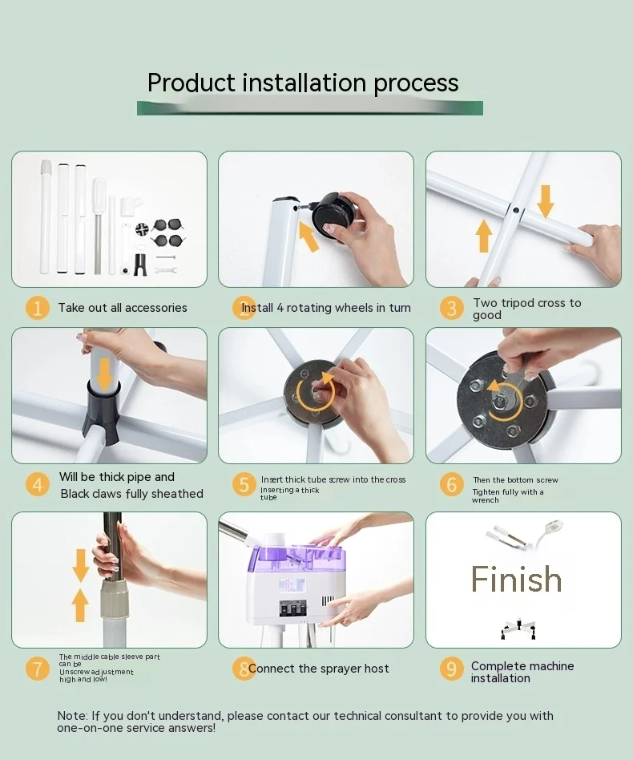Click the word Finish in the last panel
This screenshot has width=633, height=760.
click(516, 579)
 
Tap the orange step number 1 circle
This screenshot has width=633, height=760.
click(38, 308)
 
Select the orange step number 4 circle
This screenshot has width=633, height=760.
click(38, 485)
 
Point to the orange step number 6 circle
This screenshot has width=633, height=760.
click(451, 485)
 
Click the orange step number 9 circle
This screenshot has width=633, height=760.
click(451, 669)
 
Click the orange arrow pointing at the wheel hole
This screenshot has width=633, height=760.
click(308, 236)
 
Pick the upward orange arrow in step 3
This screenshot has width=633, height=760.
click(483, 236)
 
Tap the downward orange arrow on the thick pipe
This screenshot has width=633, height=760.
click(104, 374)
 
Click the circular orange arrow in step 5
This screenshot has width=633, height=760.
click(316, 392)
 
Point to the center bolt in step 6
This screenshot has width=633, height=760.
click(498, 402)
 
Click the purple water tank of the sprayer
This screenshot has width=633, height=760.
click(300, 558)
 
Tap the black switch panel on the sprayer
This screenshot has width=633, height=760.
click(293, 608)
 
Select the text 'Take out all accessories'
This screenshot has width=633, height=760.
click(123, 308)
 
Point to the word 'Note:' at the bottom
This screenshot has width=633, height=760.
click(73, 716)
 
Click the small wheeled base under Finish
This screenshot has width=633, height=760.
click(518, 629)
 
